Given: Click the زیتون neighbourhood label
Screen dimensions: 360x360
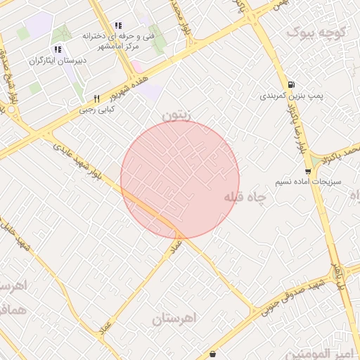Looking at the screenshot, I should coord(176,113).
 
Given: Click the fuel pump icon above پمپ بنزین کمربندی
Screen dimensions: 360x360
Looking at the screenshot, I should coord(291,83).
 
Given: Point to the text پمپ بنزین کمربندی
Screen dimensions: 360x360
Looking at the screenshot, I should coord(290,96).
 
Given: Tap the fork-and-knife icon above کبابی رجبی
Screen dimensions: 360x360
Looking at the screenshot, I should coord(96,98).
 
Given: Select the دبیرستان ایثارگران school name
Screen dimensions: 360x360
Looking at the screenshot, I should coord(58,60).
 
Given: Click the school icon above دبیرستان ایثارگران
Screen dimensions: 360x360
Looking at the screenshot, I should coord(58,49).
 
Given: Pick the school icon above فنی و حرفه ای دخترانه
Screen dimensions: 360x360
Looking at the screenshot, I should coord(118,25).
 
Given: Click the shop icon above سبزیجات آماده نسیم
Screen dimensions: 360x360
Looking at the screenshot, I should coord(308,171).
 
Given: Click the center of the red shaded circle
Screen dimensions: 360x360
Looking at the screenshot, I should coord(180,179).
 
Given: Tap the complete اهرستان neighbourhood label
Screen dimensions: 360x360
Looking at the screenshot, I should coord(175,319).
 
